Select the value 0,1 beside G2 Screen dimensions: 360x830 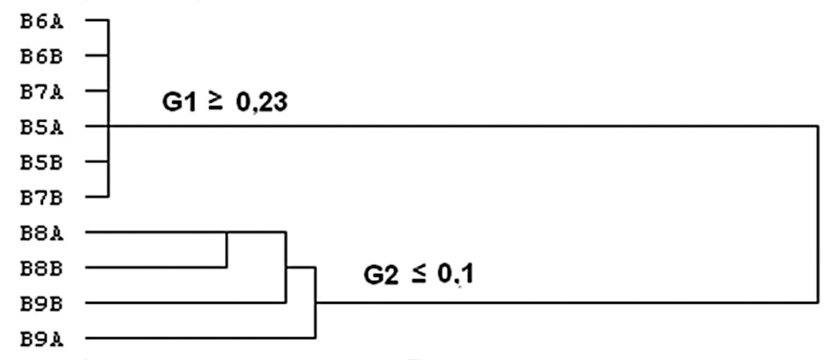pos(455,276)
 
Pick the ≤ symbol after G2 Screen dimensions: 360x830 pos(418,276)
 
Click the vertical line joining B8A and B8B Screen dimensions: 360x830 pos(227,250)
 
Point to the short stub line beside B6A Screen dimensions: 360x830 pos(97,21)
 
